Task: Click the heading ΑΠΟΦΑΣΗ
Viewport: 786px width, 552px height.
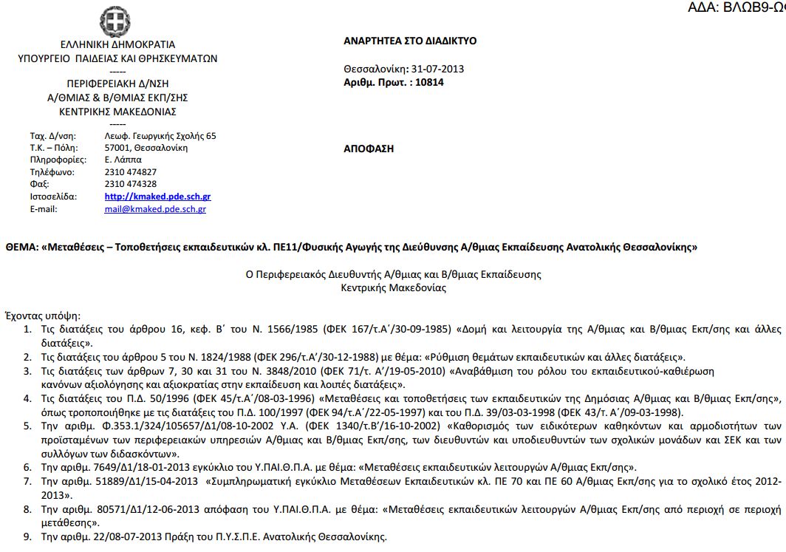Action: (369, 149)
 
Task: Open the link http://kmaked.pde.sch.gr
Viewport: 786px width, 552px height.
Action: (158, 197)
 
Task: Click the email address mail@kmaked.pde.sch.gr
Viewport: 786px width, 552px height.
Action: (155, 209)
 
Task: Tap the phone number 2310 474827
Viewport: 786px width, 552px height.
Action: (131, 172)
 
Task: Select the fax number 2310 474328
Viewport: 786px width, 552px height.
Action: (131, 184)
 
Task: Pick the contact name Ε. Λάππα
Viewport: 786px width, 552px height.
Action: (123, 160)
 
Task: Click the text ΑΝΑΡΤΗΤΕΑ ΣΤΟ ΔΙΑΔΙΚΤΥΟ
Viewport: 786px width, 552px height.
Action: (410, 41)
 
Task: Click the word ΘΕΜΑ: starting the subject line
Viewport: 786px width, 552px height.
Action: (21, 247)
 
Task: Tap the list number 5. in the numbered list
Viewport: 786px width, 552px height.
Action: (27, 426)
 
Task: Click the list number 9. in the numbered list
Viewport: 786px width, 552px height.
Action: (27, 537)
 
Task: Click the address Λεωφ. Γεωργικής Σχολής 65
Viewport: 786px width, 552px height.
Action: (160, 136)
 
